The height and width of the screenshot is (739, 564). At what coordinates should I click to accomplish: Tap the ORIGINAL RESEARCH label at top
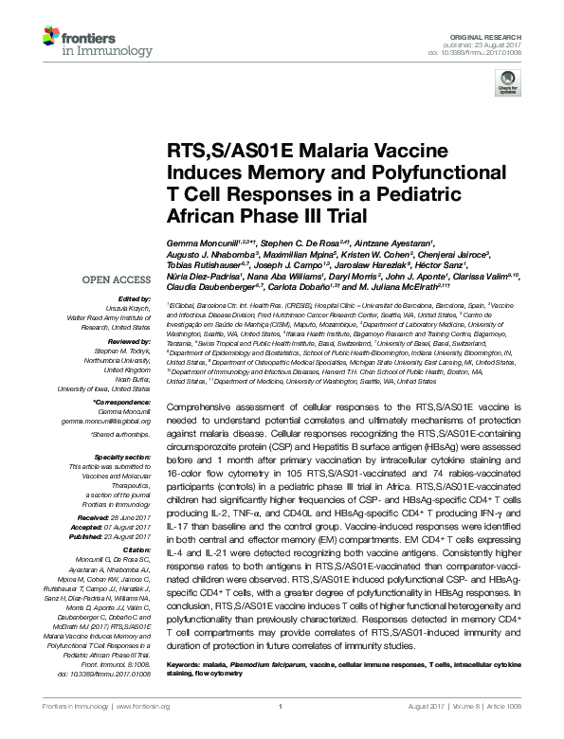(497, 34)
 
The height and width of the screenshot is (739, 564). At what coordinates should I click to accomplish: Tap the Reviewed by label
(131, 340)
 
